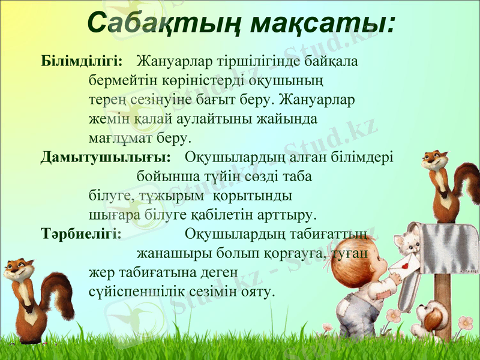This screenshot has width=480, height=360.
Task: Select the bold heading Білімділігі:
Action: click(x=82, y=61)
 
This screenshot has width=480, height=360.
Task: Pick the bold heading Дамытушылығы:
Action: click(x=106, y=158)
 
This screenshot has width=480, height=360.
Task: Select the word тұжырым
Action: click(x=171, y=196)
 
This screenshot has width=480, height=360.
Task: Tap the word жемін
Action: click(x=107, y=119)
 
